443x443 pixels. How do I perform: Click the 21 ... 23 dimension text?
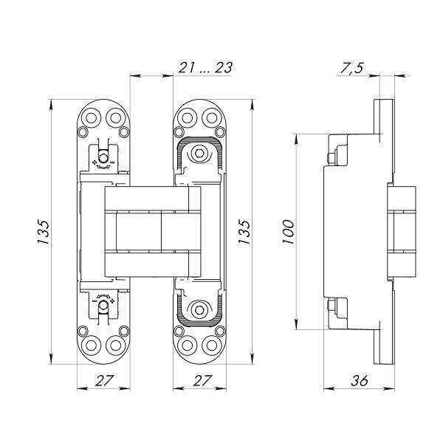coord(205,68)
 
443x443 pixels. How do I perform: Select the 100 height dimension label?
coord(288,231)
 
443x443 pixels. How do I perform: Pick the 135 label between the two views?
coord(244,231)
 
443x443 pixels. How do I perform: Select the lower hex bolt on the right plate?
coord(197,309)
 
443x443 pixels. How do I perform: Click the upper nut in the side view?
coord(333,156)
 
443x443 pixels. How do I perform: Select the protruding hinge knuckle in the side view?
coord(402,231)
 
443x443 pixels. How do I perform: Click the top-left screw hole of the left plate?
coord(90,117)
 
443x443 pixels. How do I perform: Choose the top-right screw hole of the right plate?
coord(209,117)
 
